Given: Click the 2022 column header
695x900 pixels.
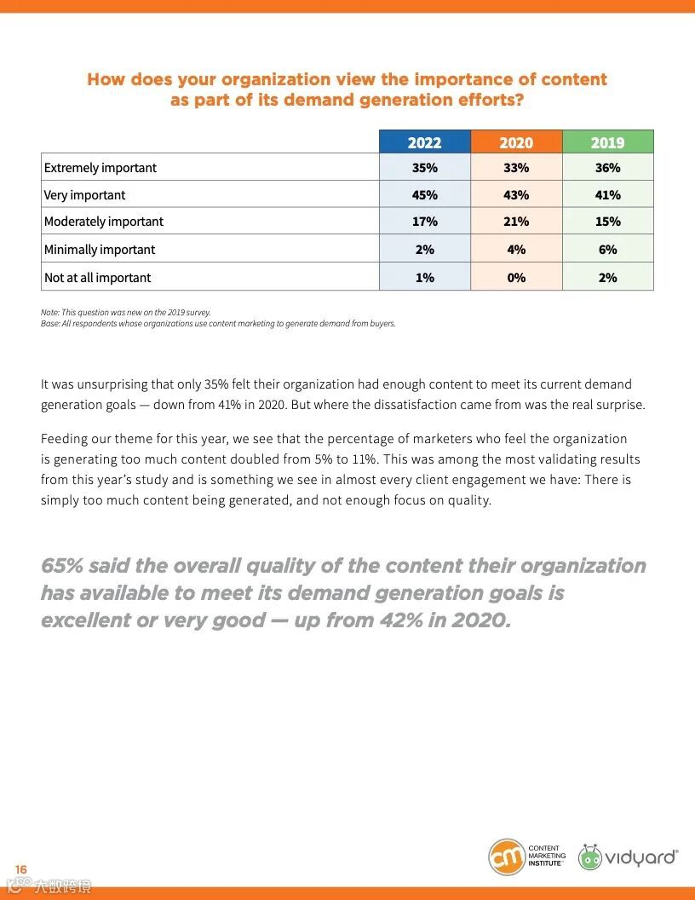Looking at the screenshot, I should [x=424, y=142].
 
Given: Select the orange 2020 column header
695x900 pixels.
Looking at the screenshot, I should [x=516, y=142].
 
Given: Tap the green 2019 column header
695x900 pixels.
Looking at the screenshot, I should [x=607, y=142].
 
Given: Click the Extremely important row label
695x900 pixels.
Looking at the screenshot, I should [x=101, y=168].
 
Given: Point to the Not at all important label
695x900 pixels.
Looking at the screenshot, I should [x=97, y=278].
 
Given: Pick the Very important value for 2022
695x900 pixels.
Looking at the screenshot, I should [x=424, y=195].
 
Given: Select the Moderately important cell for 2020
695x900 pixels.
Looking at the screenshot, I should [x=516, y=222].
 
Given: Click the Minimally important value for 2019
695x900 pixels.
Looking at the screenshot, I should [x=607, y=250].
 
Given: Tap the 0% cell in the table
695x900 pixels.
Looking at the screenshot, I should [x=516, y=278].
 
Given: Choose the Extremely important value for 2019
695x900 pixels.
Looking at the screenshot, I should [x=607, y=168].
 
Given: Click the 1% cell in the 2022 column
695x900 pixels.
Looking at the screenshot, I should [x=424, y=278].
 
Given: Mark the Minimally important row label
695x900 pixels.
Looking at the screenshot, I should [x=100, y=250].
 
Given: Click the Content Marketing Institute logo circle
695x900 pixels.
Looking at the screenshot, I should [x=506, y=857].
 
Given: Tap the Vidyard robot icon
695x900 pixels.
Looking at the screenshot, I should [x=590, y=857].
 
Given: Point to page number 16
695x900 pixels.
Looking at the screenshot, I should [x=20, y=869].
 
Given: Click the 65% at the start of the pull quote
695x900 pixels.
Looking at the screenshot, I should [x=61, y=566].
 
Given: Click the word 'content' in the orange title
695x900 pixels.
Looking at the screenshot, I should [x=575, y=79].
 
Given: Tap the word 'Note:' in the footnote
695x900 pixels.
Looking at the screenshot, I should [x=50, y=312].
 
